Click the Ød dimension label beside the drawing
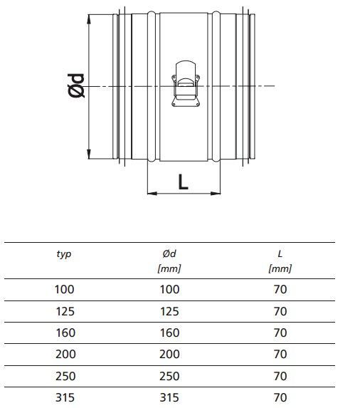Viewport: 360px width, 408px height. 76,85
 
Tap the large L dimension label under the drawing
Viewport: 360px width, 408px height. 184,182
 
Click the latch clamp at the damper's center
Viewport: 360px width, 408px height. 186,84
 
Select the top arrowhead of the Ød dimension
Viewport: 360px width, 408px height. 89,19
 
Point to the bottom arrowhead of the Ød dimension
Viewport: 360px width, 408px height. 89,154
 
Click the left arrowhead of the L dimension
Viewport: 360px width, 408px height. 152,194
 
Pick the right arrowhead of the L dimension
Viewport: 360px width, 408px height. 216,194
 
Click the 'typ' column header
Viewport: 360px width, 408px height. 64,254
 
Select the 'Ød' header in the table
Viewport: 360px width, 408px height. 169,253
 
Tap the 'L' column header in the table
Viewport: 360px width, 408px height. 280,253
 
